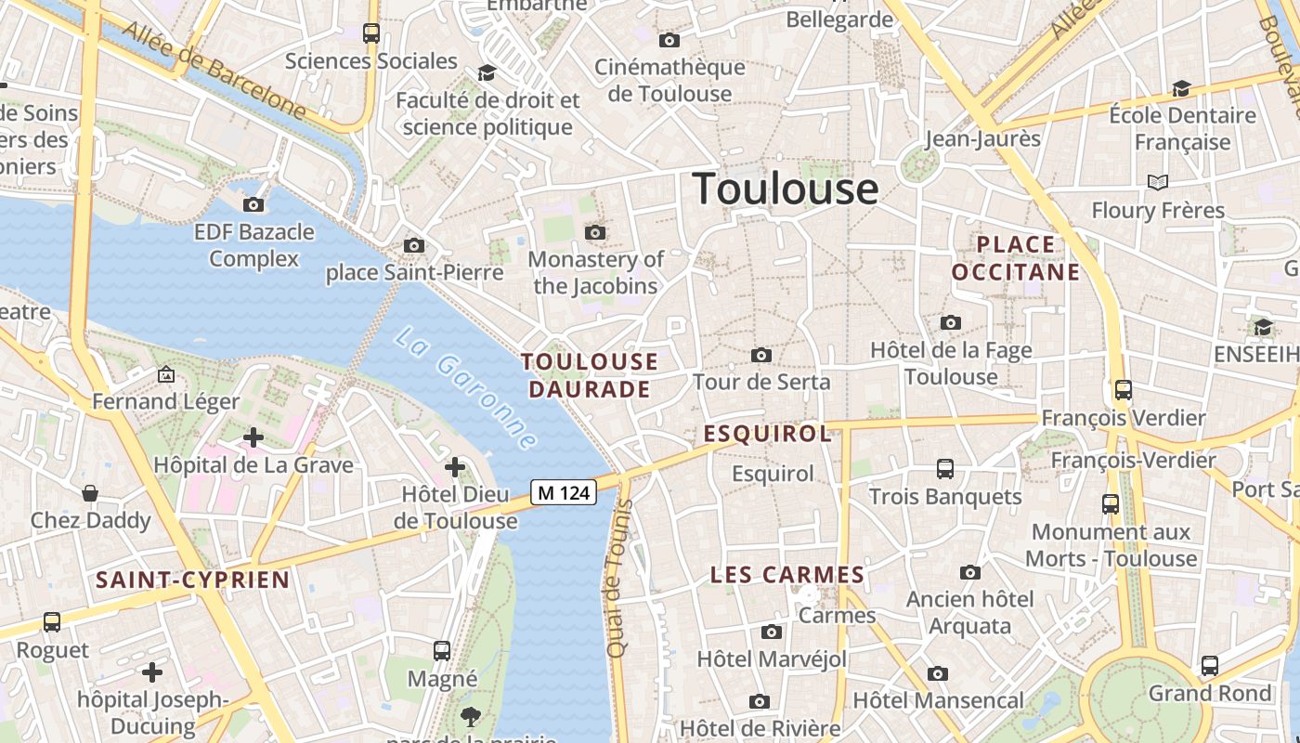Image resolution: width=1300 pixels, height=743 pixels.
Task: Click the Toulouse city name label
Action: [786, 189]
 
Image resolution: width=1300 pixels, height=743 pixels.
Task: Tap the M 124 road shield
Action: [564, 492]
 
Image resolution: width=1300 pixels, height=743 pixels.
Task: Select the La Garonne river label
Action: [465, 388]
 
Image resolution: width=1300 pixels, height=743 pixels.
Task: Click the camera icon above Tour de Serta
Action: [761, 355]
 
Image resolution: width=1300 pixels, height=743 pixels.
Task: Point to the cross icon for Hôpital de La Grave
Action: [253, 437]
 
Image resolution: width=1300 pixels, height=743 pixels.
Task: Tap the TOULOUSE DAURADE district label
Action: [590, 375]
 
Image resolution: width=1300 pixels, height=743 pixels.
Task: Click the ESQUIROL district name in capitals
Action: [767, 434]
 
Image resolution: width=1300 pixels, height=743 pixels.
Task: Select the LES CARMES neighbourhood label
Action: [787, 575]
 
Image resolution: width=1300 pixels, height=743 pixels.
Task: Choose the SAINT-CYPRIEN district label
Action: [193, 580]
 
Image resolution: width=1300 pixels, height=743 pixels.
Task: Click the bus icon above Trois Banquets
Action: [945, 468]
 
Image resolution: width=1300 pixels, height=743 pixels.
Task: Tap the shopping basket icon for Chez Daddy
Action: [90, 492]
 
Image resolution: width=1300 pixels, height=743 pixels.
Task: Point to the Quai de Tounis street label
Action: [618, 579]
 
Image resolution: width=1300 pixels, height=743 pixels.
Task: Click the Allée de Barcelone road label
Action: [214, 70]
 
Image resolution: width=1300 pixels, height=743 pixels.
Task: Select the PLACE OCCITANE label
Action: [1016, 258]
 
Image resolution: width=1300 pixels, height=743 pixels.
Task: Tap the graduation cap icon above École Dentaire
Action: [1181, 88]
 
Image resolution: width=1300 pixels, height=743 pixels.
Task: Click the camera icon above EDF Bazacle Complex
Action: [253, 204]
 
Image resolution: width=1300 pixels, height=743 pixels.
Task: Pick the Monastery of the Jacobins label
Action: [595, 272]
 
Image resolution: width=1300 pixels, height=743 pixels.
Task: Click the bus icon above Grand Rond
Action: [1209, 665]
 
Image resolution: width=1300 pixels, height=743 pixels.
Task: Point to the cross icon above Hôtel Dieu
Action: [454, 466]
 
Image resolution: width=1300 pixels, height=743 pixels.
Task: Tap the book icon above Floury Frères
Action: [1157, 182]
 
